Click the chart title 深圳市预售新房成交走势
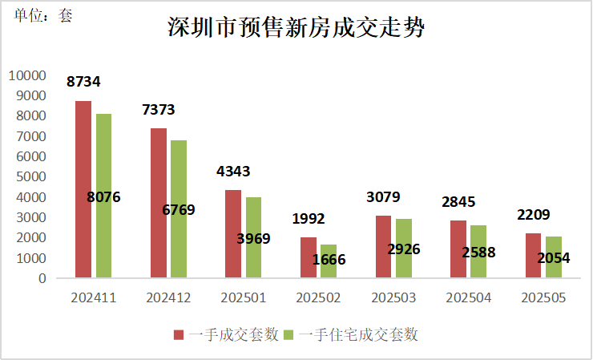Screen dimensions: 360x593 coord(296,30)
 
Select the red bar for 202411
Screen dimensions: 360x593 coord(83,190)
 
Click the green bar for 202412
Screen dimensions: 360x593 coord(178,209)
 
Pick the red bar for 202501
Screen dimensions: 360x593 coord(233,234)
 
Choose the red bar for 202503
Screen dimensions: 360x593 coord(383,247)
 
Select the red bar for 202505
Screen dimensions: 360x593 coord(534,256)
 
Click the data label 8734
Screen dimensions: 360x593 coord(84,82)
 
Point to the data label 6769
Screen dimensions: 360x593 coord(179,210)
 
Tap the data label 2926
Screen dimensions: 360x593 coord(404,249)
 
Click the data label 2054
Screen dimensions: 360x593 coord(555,257)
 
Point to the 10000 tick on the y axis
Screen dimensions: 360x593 coord(28,75)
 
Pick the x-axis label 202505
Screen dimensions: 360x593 coord(543,297)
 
